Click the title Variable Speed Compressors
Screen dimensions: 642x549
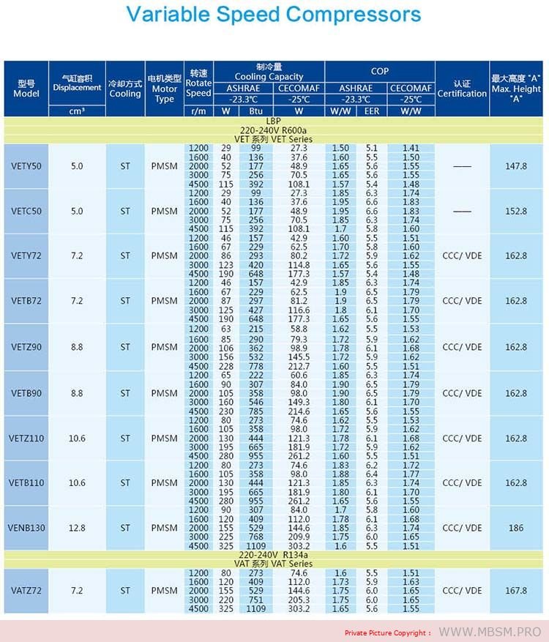click(274, 15)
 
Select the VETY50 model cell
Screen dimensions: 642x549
click(26, 166)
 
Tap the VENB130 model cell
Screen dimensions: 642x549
click(26, 528)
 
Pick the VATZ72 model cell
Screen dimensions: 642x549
click(26, 591)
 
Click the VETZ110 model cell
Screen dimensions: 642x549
click(26, 438)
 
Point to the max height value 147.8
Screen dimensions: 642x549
click(516, 166)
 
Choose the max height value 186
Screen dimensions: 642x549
click(516, 528)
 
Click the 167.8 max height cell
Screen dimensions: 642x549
click(516, 591)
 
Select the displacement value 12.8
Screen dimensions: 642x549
click(77, 528)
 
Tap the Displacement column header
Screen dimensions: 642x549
click(77, 83)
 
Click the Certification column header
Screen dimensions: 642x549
click(462, 89)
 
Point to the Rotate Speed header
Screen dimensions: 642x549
click(198, 83)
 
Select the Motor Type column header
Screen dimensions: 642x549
click(164, 89)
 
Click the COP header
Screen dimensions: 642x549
click(380, 71)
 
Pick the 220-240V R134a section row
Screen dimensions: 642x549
click(274, 556)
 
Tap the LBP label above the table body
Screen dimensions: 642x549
click(274, 121)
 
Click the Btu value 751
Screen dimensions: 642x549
click(255, 600)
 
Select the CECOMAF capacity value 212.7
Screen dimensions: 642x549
click(299, 365)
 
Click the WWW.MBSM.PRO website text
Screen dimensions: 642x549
click(490, 632)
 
